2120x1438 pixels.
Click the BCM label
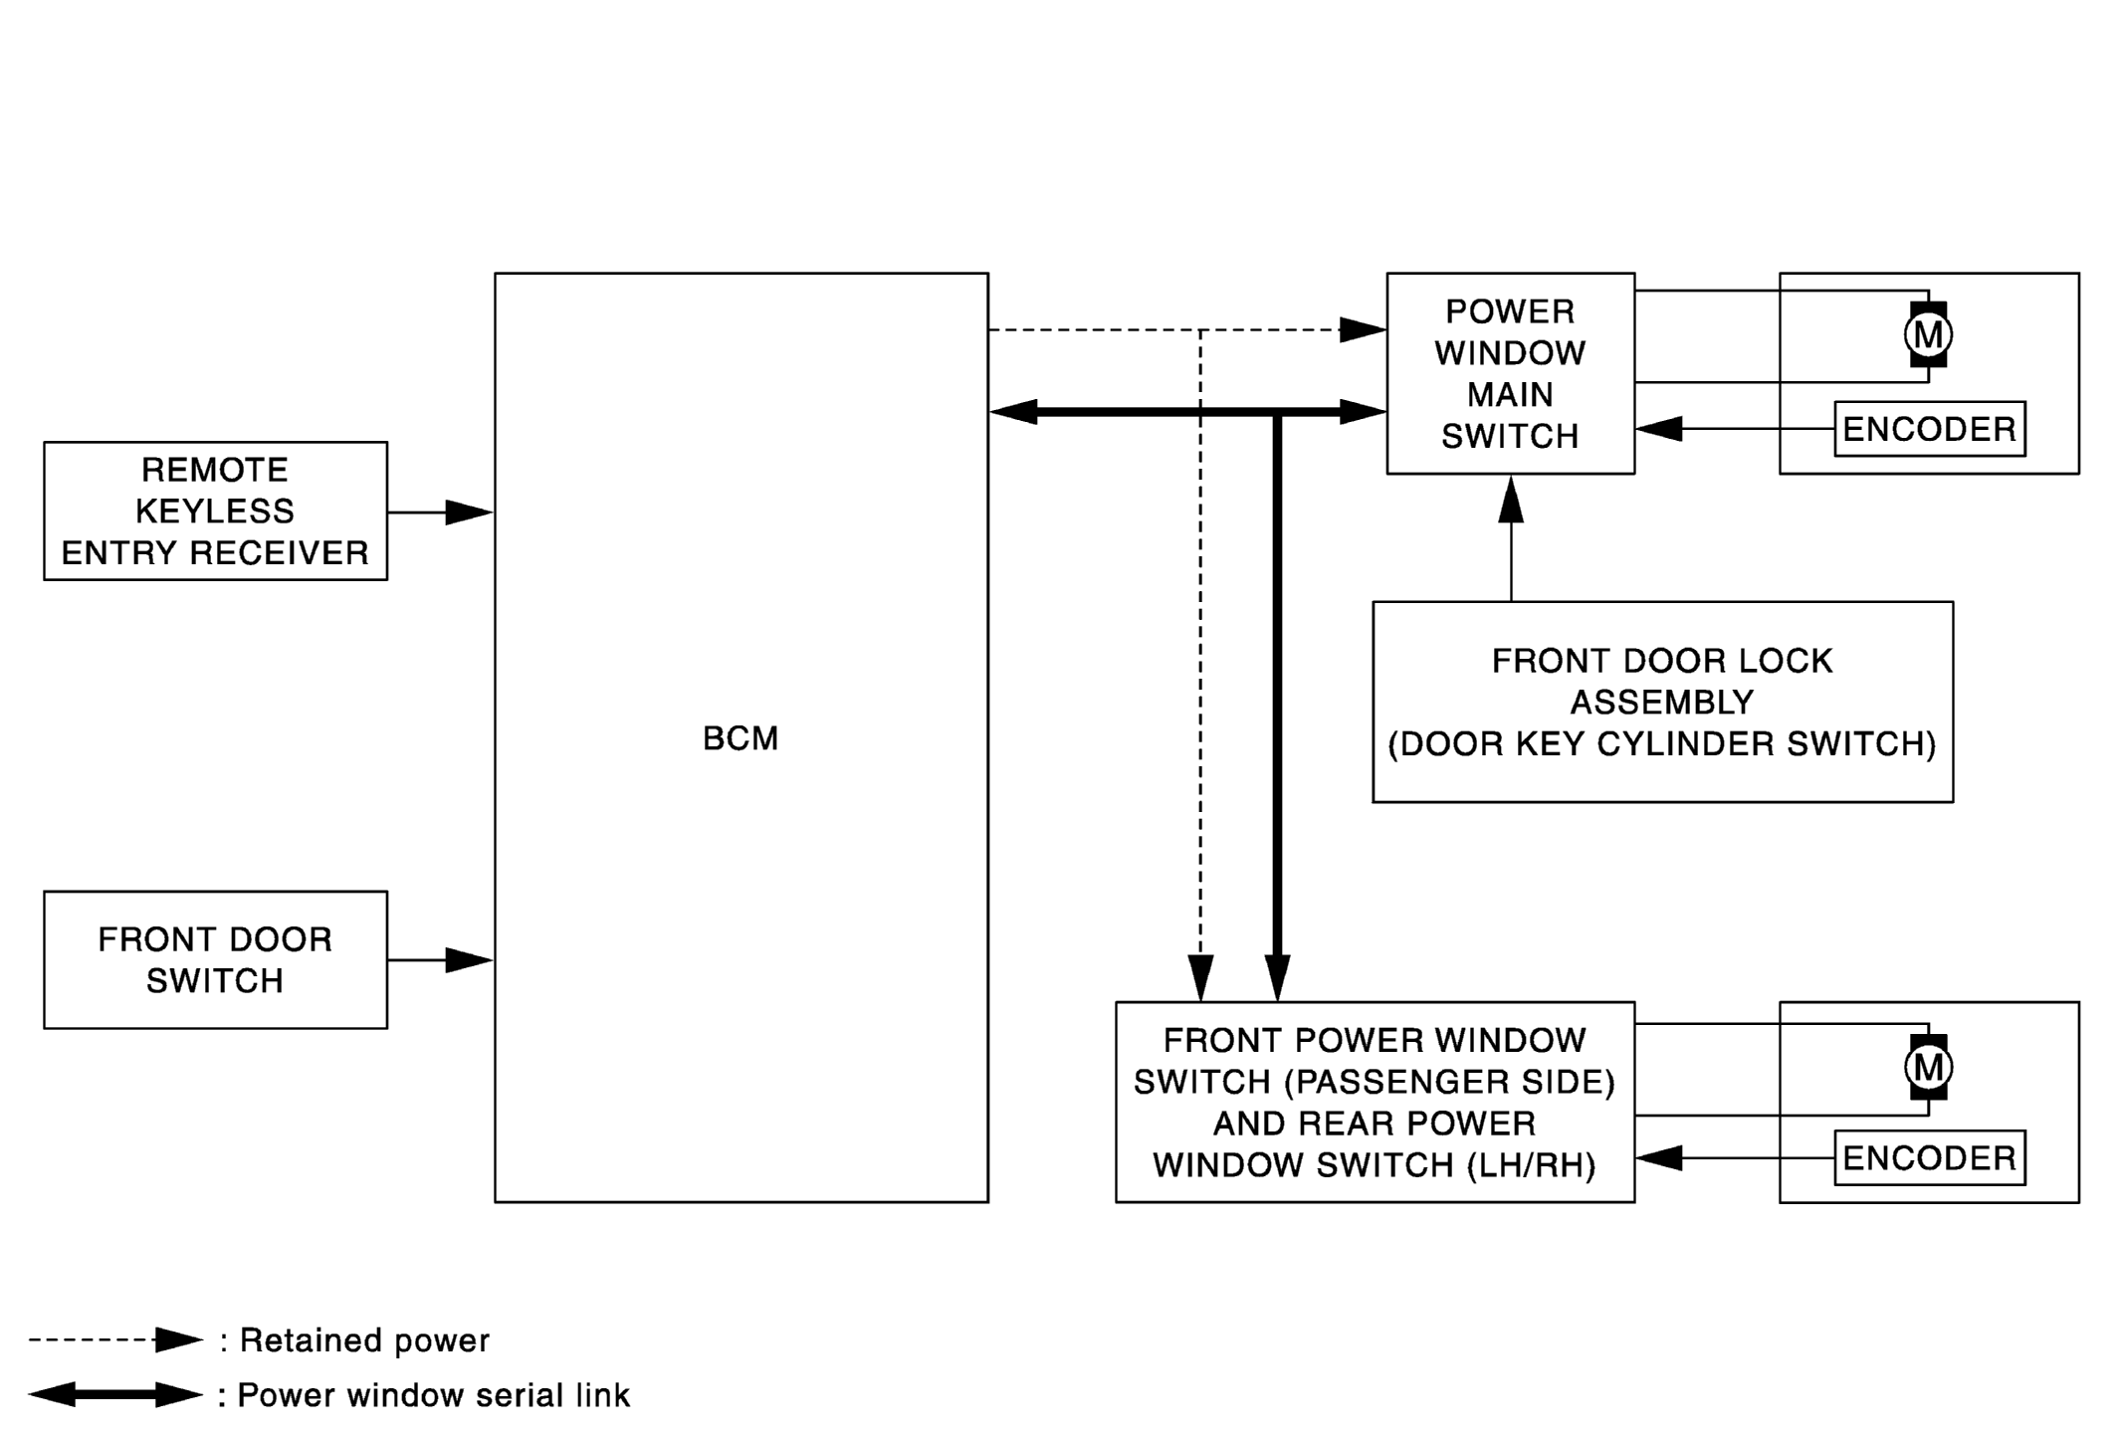741,738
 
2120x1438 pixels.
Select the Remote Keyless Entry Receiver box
216,512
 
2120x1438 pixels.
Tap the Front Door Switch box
216,960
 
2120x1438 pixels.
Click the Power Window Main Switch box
1511,373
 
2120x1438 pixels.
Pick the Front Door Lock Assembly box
1663,702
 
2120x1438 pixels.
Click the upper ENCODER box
1930,429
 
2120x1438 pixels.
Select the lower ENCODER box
1930,1157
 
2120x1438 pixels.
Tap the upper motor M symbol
1929,334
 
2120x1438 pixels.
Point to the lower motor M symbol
1929,1067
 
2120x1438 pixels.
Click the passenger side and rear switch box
1376,1103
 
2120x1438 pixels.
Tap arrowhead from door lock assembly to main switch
1511,499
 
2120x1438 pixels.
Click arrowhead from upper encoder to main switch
1659,429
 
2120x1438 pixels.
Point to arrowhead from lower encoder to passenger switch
1659,1157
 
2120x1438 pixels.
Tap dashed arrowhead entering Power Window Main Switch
1363,329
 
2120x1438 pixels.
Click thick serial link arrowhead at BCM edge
1013,411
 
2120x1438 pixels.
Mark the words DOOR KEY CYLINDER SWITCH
1662,744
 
